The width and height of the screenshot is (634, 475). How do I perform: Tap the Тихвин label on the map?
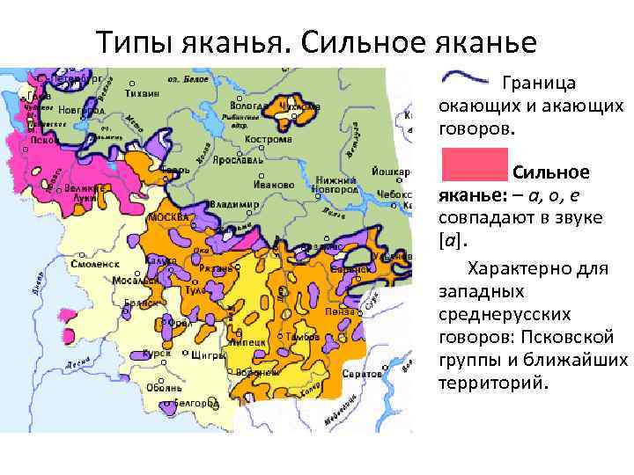coord(141,92)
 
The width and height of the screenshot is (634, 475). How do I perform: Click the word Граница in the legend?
coord(538,84)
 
